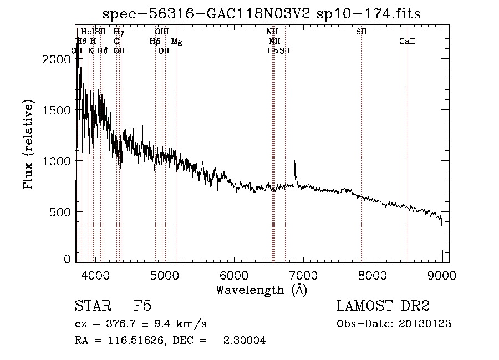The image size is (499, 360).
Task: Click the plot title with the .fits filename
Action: tap(266, 14)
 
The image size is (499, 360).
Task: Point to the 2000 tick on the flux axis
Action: tap(56, 59)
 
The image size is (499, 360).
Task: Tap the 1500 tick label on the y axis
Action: tap(56, 110)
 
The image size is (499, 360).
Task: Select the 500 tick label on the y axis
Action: tap(60, 212)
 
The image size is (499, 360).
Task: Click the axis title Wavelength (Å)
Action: tap(261, 290)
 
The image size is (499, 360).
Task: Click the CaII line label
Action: tap(408, 42)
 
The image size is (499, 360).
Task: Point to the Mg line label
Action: tap(177, 42)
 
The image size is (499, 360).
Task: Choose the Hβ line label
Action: tap(155, 42)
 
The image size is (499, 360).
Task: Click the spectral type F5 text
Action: tap(143, 306)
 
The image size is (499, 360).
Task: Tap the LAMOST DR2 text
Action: tap(383, 306)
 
